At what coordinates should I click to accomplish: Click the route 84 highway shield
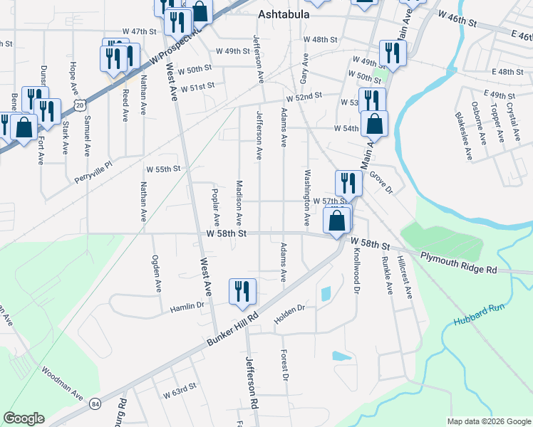point(96,404)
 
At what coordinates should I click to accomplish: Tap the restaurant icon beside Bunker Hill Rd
point(242,292)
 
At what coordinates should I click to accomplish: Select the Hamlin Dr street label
point(187,307)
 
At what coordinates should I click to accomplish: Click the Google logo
point(24,418)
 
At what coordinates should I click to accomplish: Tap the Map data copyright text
point(488,421)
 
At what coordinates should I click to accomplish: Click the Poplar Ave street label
point(216,207)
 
